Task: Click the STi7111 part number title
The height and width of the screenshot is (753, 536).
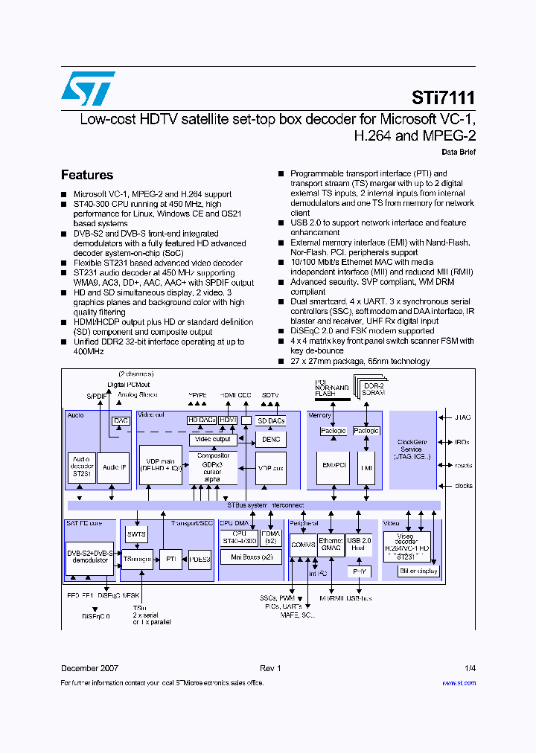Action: pyautogui.click(x=443, y=98)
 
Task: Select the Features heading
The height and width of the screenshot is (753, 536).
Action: pyautogui.click(x=87, y=175)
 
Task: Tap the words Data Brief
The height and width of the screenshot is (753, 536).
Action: pyautogui.click(x=459, y=152)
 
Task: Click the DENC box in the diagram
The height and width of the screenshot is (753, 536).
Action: pyautogui.click(x=269, y=440)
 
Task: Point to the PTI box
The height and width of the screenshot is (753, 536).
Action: pyautogui.click(x=170, y=558)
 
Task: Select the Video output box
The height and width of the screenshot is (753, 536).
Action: pyautogui.click(x=213, y=439)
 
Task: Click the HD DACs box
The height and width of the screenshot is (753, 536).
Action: pyautogui.click(x=202, y=420)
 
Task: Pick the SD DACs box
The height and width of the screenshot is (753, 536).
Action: pyautogui.click(x=270, y=421)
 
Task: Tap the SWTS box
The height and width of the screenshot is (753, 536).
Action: pyautogui.click(x=136, y=534)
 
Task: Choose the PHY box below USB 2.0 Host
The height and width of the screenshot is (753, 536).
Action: pyautogui.click(x=360, y=571)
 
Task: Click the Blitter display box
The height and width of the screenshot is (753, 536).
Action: pyautogui.click(x=418, y=571)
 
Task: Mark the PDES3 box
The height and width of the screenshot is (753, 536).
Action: pyautogui.click(x=200, y=559)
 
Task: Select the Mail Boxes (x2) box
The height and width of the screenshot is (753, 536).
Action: pyautogui.click(x=251, y=556)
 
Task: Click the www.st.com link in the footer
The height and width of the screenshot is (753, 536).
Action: pyautogui.click(x=459, y=682)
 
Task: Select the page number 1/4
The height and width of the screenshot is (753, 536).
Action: pyautogui.click(x=470, y=668)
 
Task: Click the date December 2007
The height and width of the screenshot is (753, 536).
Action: pyautogui.click(x=89, y=668)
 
